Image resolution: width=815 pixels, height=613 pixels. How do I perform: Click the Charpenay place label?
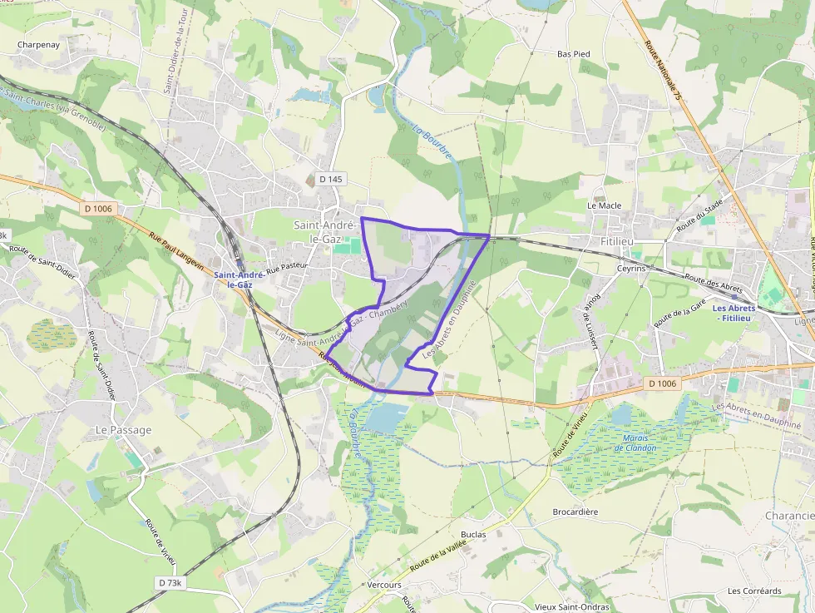pyautogui.click(x=39, y=45)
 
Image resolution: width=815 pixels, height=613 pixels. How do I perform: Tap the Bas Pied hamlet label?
pyautogui.click(x=573, y=54)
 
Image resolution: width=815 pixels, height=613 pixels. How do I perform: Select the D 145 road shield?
pyautogui.click(x=331, y=179)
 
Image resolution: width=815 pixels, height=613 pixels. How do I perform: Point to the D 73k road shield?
pyautogui.click(x=169, y=583)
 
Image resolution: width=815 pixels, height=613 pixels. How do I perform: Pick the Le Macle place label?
pyautogui.click(x=605, y=205)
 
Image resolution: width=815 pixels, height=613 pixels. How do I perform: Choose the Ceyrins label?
pyautogui.click(x=631, y=269)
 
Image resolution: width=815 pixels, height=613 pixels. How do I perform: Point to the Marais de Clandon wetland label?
pyautogui.click(x=635, y=442)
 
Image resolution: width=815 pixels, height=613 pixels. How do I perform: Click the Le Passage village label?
pyautogui.click(x=124, y=430)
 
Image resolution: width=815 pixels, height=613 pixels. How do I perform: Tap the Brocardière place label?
pyautogui.click(x=575, y=512)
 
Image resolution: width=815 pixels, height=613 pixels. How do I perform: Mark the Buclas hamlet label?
pyautogui.click(x=472, y=534)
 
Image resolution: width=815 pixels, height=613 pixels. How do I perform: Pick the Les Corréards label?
pyautogui.click(x=754, y=591)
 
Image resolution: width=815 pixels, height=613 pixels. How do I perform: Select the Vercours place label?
pyautogui.click(x=384, y=585)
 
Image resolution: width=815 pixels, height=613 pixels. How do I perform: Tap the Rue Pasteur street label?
pyautogui.click(x=287, y=265)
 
